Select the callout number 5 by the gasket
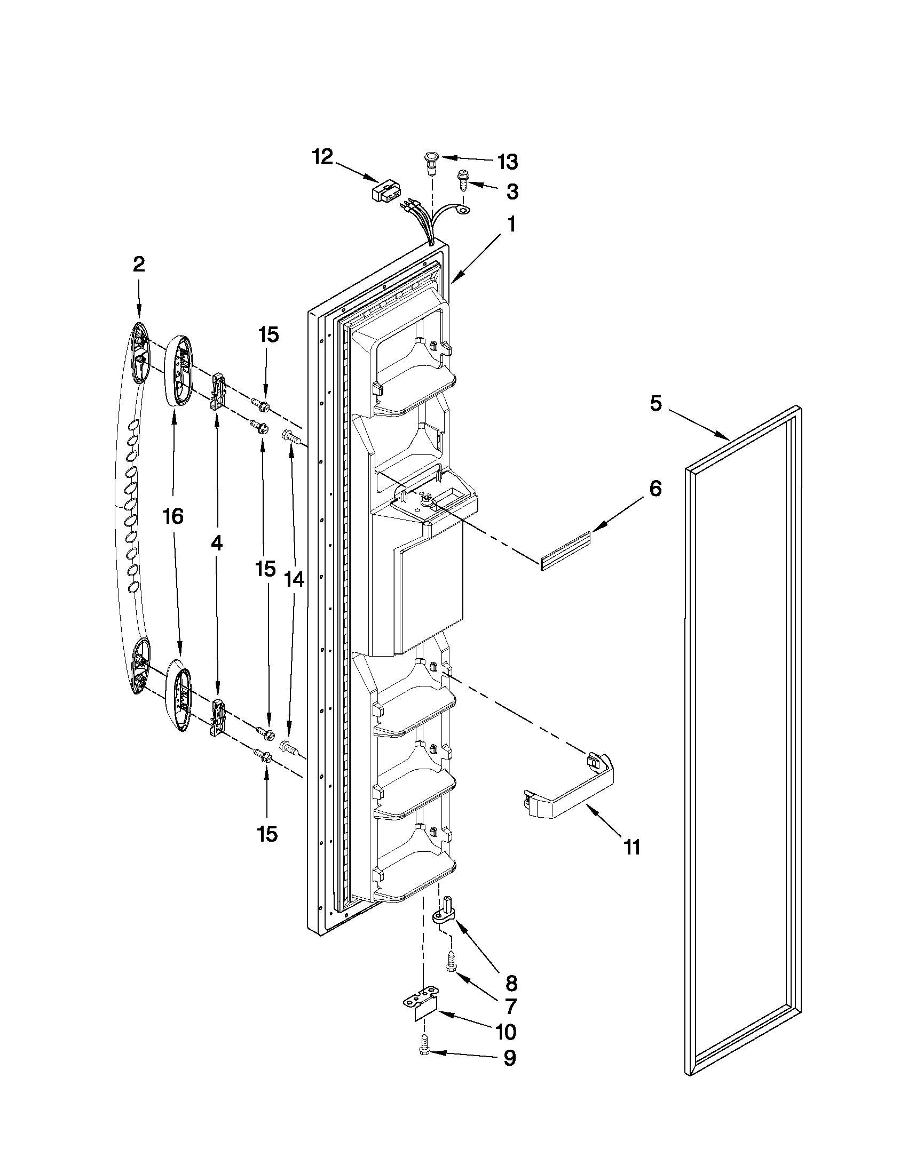pyautogui.click(x=655, y=404)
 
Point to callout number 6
pyautogui.click(x=655, y=488)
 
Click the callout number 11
pyautogui.click(x=632, y=848)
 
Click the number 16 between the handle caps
pyautogui.click(x=173, y=516)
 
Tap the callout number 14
pyautogui.click(x=294, y=579)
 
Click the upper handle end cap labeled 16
pyautogui.click(x=178, y=371)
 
